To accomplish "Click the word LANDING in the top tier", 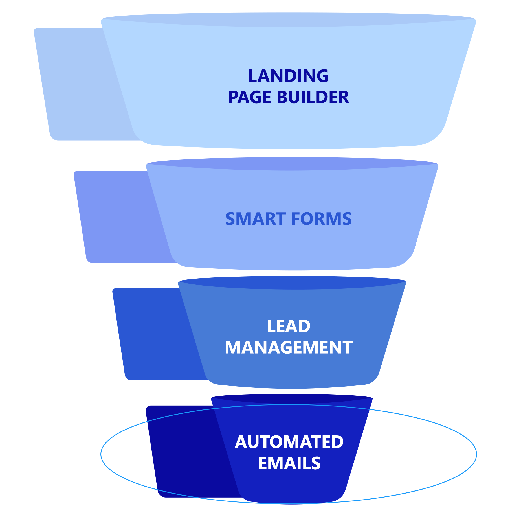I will (288, 76).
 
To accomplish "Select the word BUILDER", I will (313, 98).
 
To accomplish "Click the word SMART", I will (256, 219).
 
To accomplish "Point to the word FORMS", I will (322, 219).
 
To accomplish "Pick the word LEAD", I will (288, 327).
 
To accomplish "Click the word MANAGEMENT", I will (288, 348).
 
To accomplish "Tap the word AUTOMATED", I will (289, 442).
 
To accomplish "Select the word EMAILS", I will (289, 463).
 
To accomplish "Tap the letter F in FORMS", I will (296, 219).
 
